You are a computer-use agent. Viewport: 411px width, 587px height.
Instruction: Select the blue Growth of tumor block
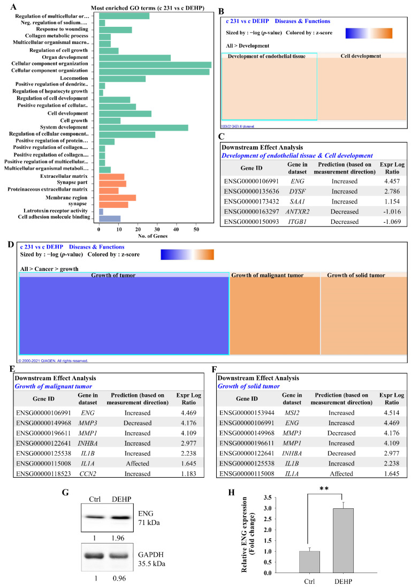pos(124,317)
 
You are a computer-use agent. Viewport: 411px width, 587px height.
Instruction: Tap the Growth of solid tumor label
pos(353,275)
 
